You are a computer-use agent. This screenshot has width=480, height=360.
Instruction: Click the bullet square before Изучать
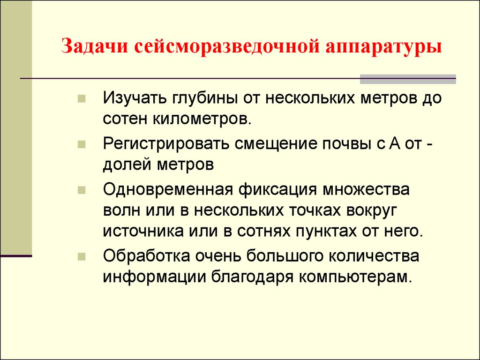click(x=82, y=100)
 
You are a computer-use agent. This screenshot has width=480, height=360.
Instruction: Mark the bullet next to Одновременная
click(x=82, y=191)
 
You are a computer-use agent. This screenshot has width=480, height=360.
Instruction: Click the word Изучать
click(x=136, y=99)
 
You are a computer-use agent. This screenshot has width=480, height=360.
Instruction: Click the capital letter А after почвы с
click(x=394, y=143)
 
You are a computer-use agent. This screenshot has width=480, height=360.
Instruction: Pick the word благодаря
click(x=252, y=276)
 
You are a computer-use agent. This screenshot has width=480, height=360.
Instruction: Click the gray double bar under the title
click(x=407, y=79)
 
